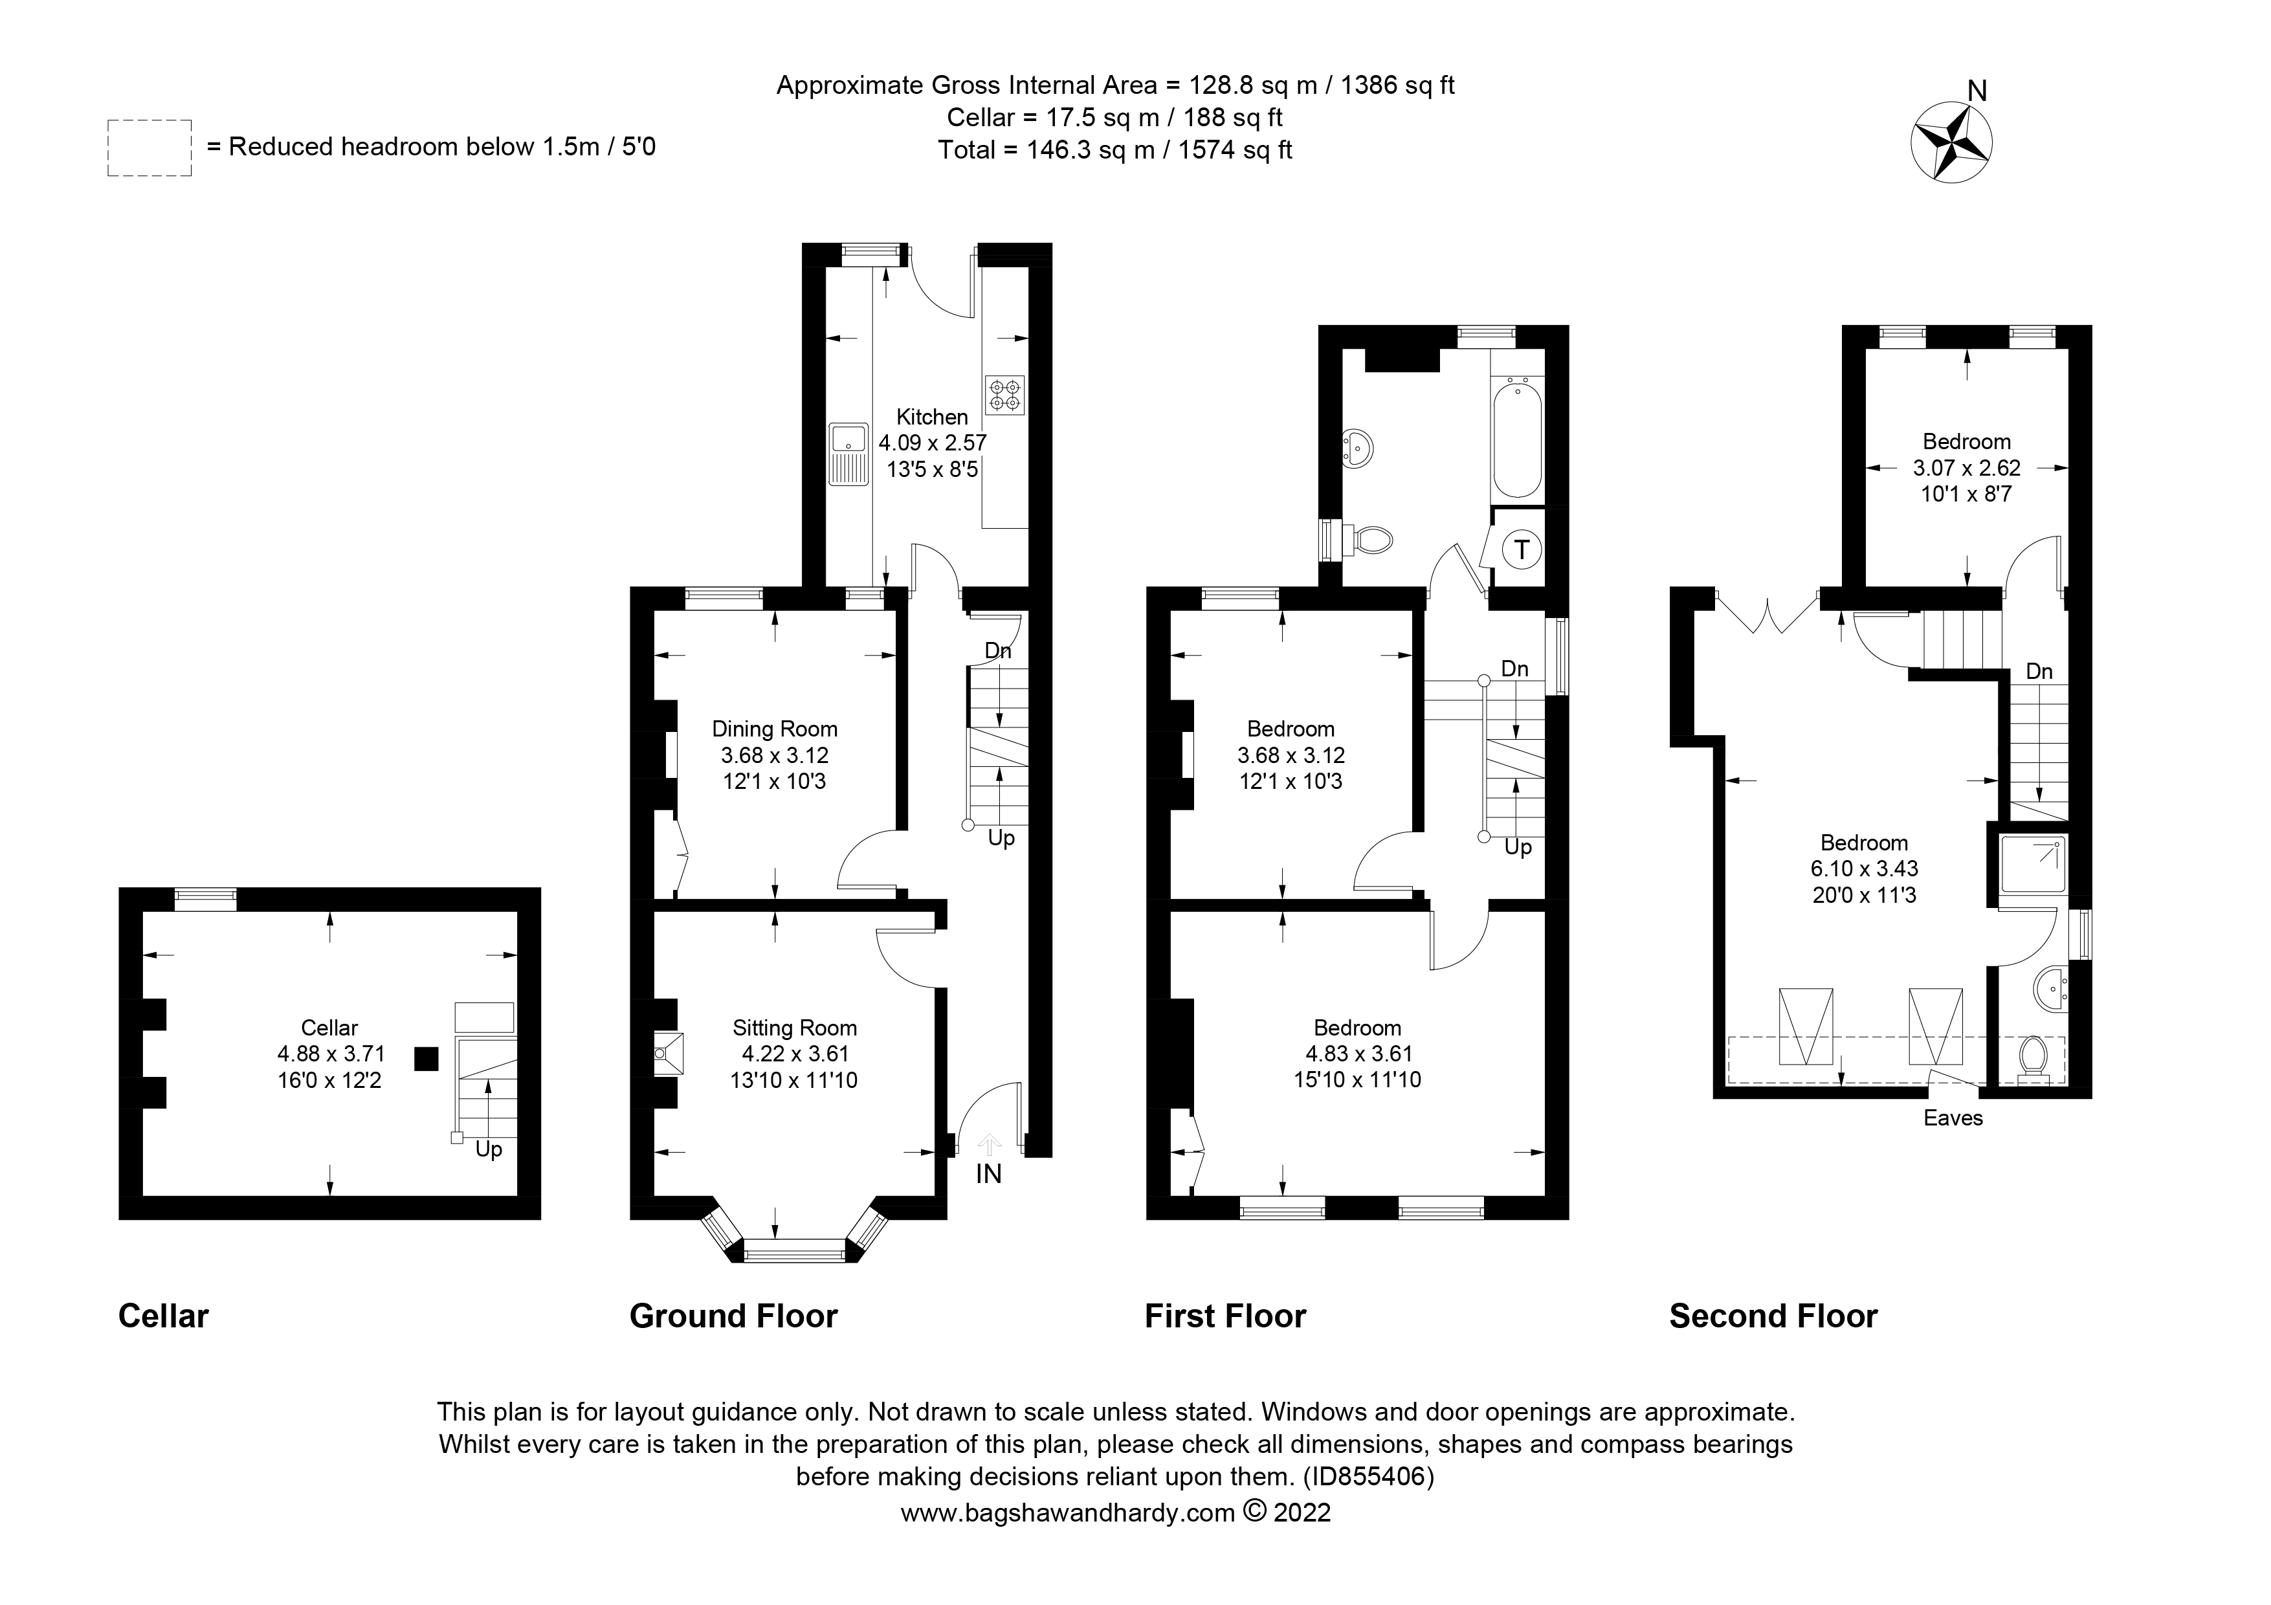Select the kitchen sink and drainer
coord(848,455)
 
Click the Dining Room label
coord(775,729)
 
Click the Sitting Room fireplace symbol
coord(669,1053)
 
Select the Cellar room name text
coord(329,1028)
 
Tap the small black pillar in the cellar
coord(427,1059)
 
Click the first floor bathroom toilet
coord(1370,540)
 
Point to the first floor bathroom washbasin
coord(1359,449)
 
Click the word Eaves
coord(1953,1118)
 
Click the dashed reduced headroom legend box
coord(150,148)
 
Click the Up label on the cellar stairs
coord(489,1150)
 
